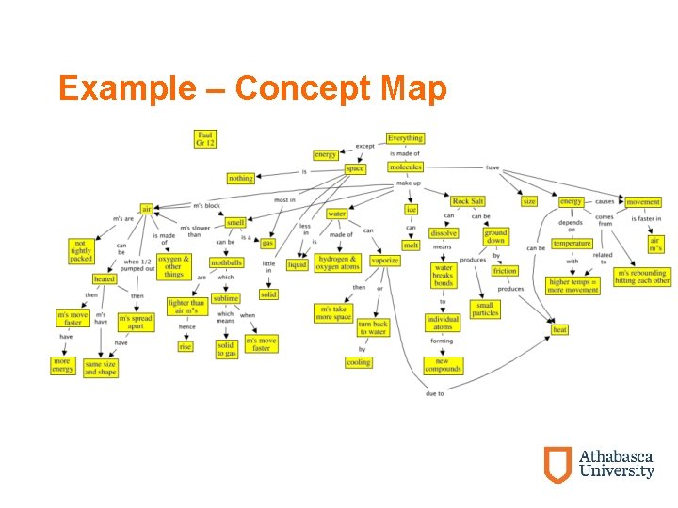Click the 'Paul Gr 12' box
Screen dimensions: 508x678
(205, 139)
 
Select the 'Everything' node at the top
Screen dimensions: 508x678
(405, 138)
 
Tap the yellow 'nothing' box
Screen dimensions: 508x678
(241, 178)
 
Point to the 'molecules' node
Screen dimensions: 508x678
(405, 167)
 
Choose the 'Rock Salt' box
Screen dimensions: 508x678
(468, 201)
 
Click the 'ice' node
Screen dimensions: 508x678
(411, 209)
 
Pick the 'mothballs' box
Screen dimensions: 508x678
(226, 262)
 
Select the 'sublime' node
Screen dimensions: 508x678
(226, 298)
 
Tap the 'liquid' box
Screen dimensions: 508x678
(297, 264)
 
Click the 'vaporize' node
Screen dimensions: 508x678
(384, 261)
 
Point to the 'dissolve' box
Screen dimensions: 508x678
(444, 232)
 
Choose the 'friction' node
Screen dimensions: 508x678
(505, 271)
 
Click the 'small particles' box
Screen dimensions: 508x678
(486, 309)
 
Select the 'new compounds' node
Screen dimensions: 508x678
(443, 365)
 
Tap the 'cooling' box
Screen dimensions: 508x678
(359, 362)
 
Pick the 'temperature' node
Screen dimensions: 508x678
(572, 244)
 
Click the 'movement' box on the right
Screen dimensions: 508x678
(643, 201)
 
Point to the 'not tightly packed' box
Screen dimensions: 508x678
(80, 251)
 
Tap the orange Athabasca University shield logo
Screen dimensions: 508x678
(557, 464)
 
